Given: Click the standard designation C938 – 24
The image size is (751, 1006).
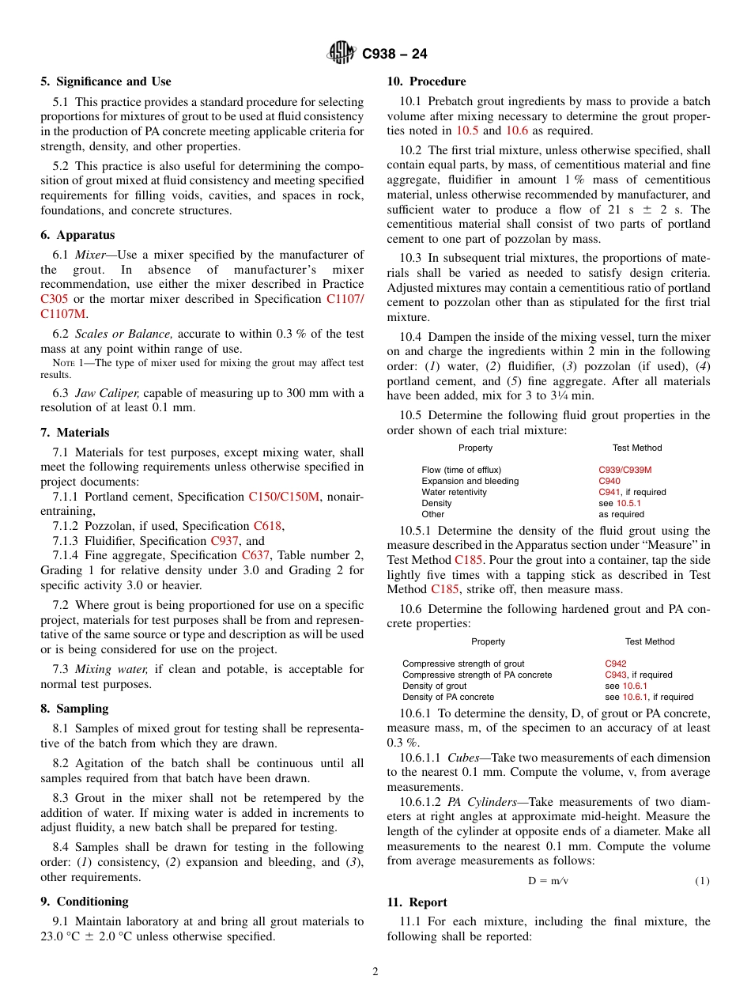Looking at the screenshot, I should click(394, 55).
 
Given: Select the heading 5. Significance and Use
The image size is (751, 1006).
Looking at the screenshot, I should click(106, 81).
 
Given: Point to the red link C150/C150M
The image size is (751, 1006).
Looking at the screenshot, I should click(284, 497).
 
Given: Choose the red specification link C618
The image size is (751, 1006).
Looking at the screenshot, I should click(267, 526).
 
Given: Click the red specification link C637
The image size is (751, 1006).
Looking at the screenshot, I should click(255, 555).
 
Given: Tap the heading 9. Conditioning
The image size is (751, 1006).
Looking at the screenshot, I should click(85, 902).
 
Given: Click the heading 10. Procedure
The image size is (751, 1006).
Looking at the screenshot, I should click(426, 81).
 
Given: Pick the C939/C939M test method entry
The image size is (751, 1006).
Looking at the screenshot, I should click(625, 470).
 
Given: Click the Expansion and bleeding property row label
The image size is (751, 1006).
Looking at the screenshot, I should click(470, 481).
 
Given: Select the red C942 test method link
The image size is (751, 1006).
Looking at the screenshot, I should click(616, 664).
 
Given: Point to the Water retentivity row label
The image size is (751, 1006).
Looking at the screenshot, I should click(454, 492).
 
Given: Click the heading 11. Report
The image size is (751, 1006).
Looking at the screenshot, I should click(417, 902).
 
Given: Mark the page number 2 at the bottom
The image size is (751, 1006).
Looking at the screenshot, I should click(375, 972).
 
